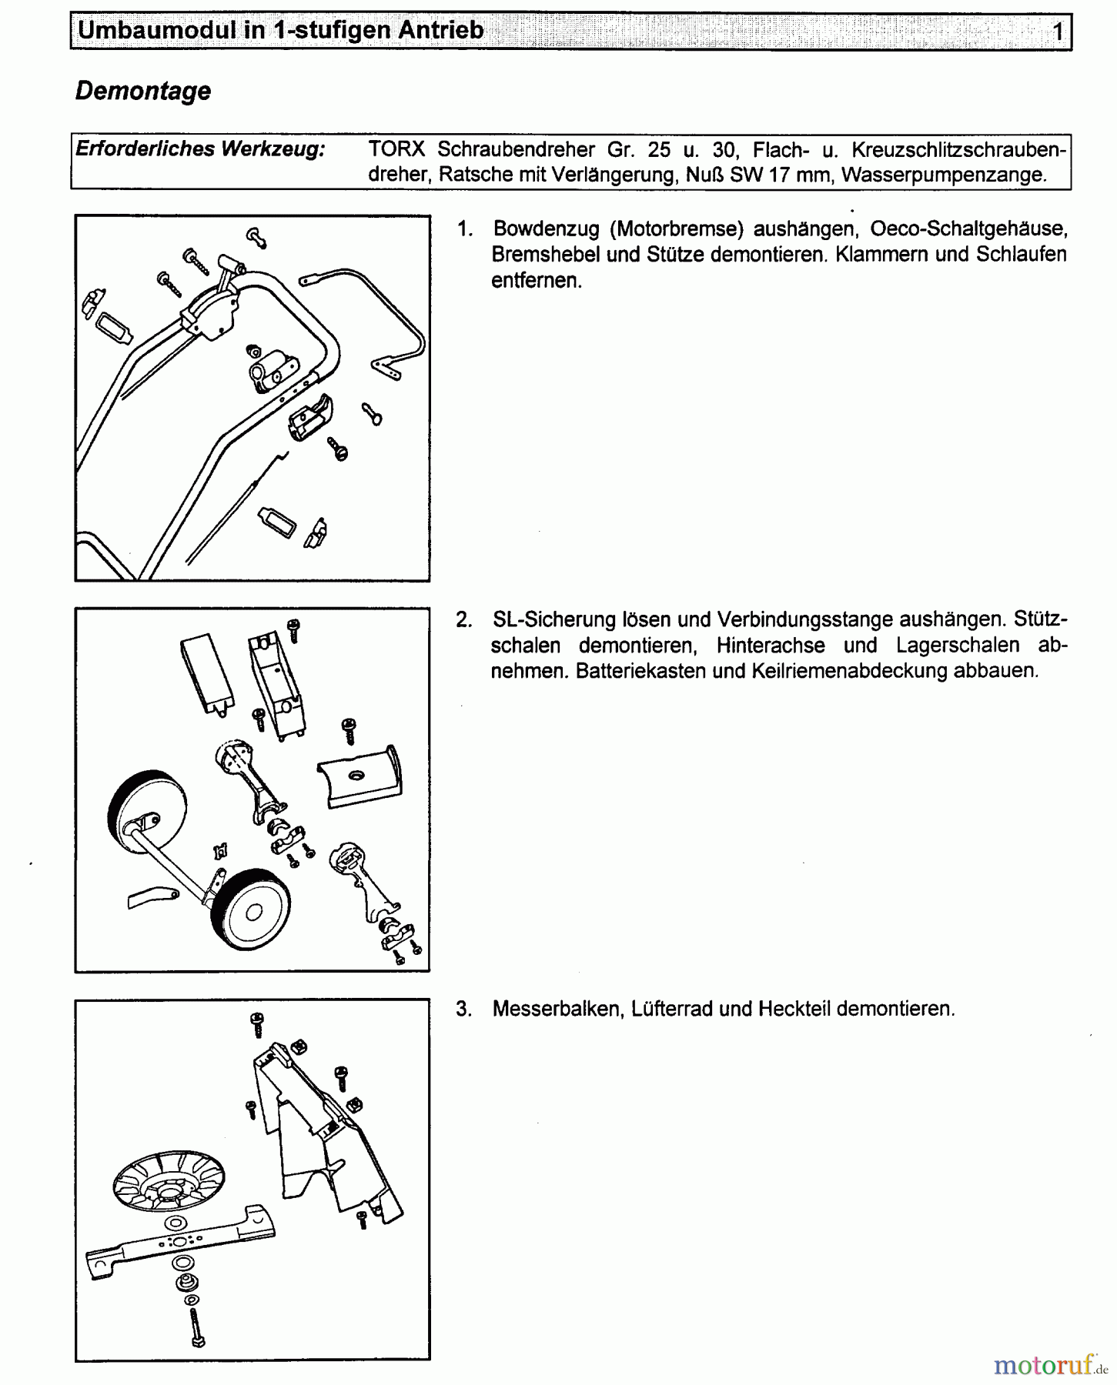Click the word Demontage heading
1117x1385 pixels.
pos(143,91)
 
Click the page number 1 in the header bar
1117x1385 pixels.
pos(1058,32)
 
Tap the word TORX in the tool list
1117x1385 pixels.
pos(396,149)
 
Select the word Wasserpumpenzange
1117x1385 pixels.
pos(944,175)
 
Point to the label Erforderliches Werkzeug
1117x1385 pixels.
pos(200,149)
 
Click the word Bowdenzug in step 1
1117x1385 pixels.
pos(546,229)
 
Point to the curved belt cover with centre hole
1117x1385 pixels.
pos(360,778)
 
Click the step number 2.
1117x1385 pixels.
pos(463,620)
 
